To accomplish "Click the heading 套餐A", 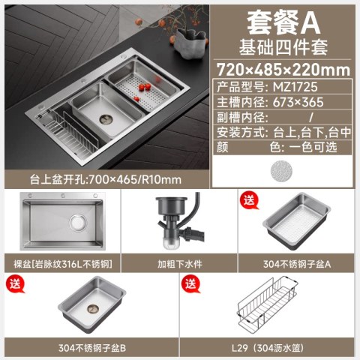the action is (x=283, y=23).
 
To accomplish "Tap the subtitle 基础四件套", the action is (x=283, y=47).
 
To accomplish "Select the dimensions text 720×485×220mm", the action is (x=283, y=70).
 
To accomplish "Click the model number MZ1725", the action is (x=295, y=87).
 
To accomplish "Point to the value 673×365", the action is (x=298, y=102).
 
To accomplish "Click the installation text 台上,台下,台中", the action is (x=312, y=132).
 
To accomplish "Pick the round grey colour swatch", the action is (x=281, y=171).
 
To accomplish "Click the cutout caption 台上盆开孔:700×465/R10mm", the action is (x=106, y=179).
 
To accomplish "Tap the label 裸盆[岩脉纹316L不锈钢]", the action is (x=63, y=264).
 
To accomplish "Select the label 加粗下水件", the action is (x=180, y=264).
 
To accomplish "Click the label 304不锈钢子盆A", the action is (x=297, y=264).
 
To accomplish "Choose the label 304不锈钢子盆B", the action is (x=92, y=348).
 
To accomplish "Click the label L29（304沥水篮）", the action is (x=268, y=348).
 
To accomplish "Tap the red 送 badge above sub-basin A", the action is (x=249, y=201).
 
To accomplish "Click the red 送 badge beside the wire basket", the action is (x=190, y=285).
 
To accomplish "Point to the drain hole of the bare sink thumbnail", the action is (x=78, y=223).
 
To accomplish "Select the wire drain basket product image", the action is (x=268, y=303).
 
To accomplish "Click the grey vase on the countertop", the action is (x=190, y=43).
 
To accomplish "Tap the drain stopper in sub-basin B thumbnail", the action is (x=93, y=309).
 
